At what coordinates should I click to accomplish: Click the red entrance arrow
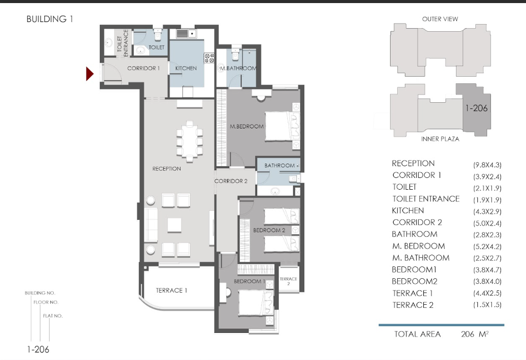pyautogui.click(x=89, y=74)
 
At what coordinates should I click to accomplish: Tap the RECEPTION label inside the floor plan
pyautogui.click(x=167, y=169)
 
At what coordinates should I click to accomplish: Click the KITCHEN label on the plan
pyautogui.click(x=186, y=68)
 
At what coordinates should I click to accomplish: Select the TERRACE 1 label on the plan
pyautogui.click(x=171, y=290)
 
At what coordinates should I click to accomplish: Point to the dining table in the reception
pyautogui.click(x=190, y=140)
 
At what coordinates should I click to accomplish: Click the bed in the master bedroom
pyautogui.click(x=282, y=126)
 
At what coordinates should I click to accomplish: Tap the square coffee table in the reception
pyautogui.click(x=174, y=225)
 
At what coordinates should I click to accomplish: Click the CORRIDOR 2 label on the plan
pyautogui.click(x=231, y=181)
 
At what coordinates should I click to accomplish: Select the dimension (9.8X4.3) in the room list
pyautogui.click(x=487, y=165)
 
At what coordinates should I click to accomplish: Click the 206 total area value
pyautogui.click(x=467, y=334)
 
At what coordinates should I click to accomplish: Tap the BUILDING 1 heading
pyautogui.click(x=50, y=19)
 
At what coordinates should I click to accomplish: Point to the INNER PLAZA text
pyautogui.click(x=440, y=139)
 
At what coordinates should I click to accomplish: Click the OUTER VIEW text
pyautogui.click(x=440, y=19)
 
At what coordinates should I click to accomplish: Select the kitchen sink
pyautogui.click(x=186, y=34)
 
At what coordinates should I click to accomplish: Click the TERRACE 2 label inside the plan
pyautogui.click(x=288, y=281)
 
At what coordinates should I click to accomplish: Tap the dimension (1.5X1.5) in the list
pyautogui.click(x=487, y=305)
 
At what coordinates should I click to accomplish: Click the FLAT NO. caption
pyautogui.click(x=53, y=316)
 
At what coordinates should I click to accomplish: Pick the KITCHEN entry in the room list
pyautogui.click(x=408, y=211)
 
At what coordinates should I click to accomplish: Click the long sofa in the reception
pyautogui.click(x=151, y=224)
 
